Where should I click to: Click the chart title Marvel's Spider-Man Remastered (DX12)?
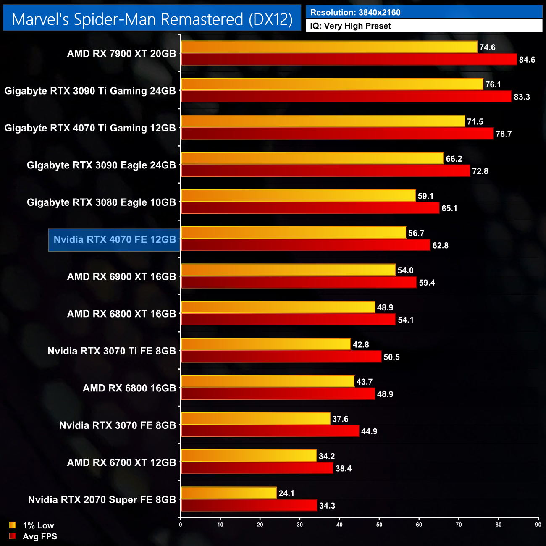click(152, 19)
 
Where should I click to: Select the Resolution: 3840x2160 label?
click(355, 13)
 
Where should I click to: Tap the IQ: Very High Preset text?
click(350, 26)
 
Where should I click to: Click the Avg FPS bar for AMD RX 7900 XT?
click(349, 59)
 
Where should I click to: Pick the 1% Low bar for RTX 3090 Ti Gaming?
click(332, 84)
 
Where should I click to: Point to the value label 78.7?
click(504, 134)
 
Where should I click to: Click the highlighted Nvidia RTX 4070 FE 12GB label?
click(115, 240)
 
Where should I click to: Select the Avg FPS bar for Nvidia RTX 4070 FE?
click(305, 245)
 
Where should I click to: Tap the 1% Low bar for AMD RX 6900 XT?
click(288, 270)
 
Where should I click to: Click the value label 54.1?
click(406, 320)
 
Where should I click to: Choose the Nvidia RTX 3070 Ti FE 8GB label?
click(112, 351)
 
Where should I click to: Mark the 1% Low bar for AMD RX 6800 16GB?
click(268, 381)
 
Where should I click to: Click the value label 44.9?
click(369, 431)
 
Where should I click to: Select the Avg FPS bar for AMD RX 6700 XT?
click(257, 468)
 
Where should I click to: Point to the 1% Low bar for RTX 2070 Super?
click(228, 493)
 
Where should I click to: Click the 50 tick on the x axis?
click(379, 525)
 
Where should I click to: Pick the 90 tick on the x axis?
click(538, 525)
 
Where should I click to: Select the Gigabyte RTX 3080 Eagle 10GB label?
click(101, 202)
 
